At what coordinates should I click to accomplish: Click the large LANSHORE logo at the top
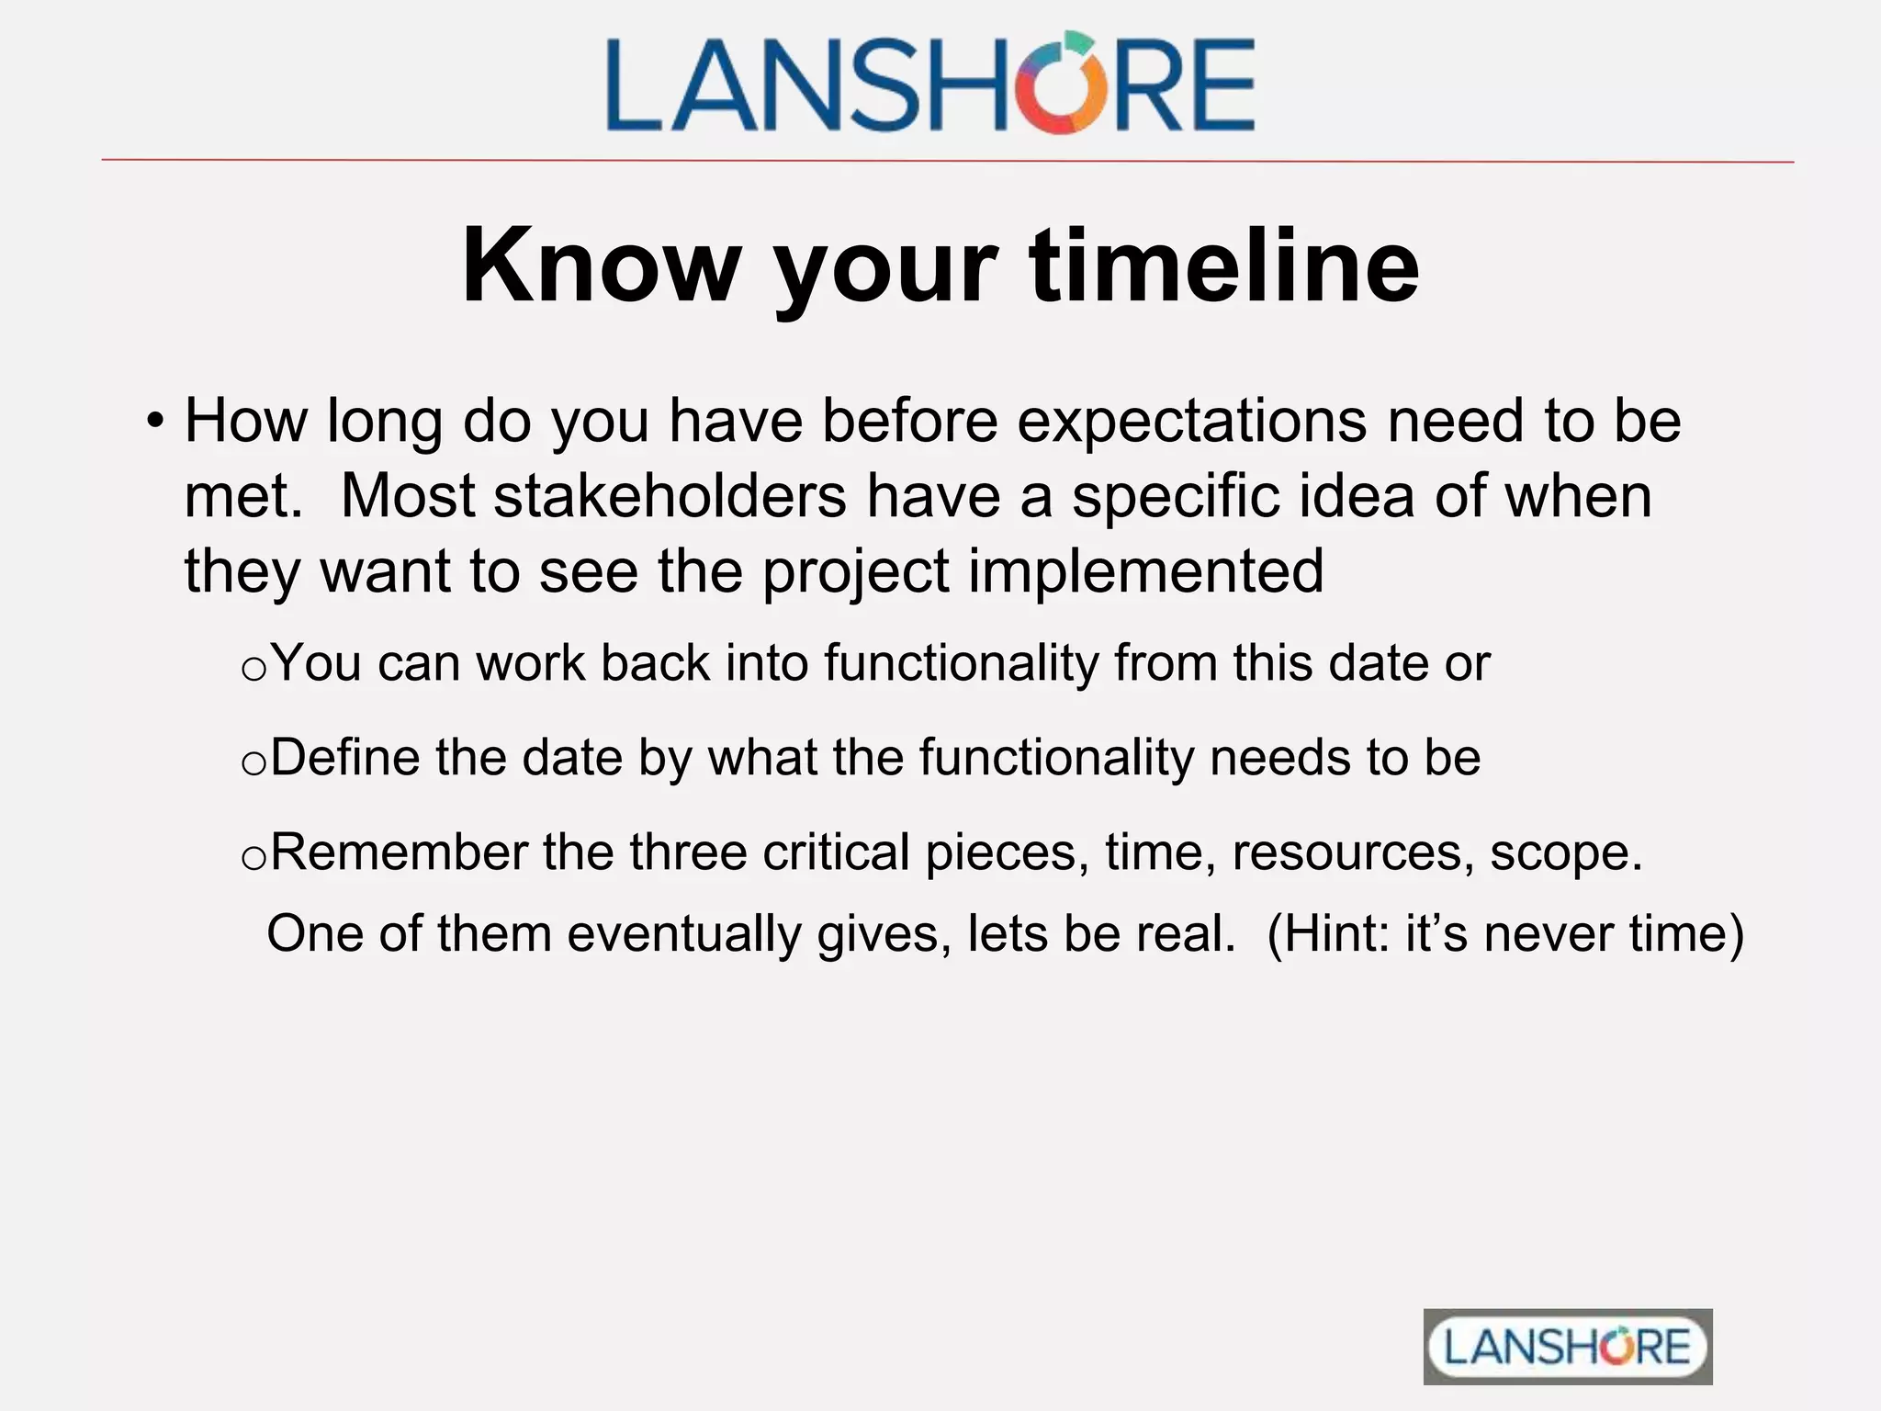(x=929, y=85)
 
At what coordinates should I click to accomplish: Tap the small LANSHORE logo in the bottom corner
(x=1567, y=1347)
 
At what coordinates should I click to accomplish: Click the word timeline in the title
(x=1224, y=266)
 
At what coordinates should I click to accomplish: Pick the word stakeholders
(x=670, y=496)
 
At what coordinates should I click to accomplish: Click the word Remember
(x=398, y=852)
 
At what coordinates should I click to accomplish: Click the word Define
(x=344, y=758)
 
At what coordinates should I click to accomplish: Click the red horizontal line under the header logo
(x=946, y=161)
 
